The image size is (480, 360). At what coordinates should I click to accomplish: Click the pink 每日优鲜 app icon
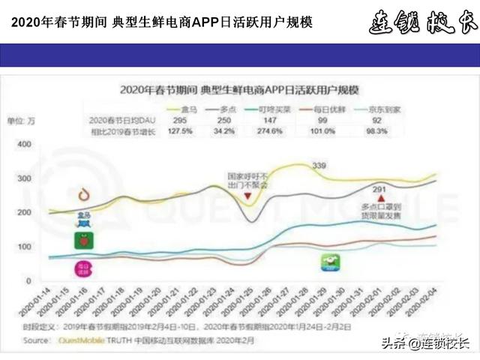pos(82,268)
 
